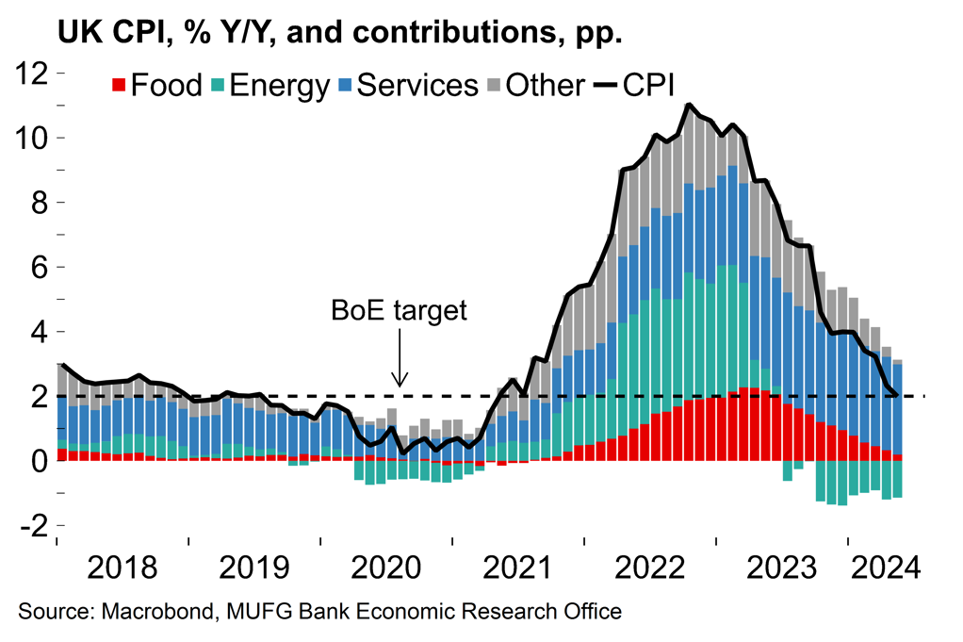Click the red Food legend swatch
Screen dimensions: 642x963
(x=119, y=86)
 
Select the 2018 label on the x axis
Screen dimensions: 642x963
(x=122, y=569)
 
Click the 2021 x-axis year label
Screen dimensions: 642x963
(x=517, y=569)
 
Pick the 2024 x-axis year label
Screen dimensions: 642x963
(x=882, y=569)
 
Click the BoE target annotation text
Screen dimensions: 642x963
(x=399, y=311)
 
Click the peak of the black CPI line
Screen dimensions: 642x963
(x=690, y=105)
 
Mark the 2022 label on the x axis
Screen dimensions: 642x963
(x=649, y=569)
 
